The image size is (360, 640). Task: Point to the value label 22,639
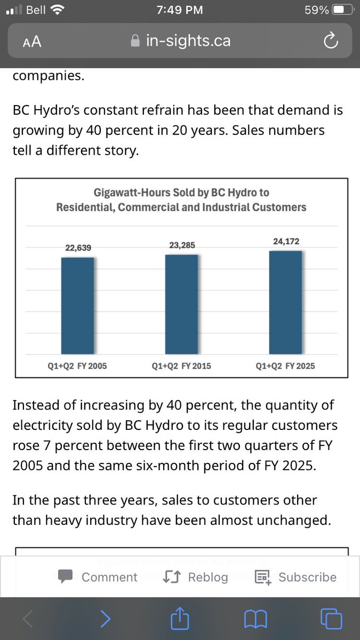(x=78, y=248)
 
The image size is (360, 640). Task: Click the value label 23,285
(x=182, y=245)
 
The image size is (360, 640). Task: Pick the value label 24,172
(x=286, y=242)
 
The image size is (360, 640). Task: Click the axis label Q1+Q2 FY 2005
(x=77, y=366)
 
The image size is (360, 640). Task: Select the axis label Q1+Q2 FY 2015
(x=181, y=366)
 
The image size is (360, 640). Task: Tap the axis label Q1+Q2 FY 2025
(x=285, y=366)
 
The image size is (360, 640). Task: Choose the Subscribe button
(x=296, y=577)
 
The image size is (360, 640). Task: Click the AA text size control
(x=33, y=42)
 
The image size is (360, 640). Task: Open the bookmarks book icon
(x=255, y=619)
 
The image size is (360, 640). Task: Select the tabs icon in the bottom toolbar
(x=331, y=619)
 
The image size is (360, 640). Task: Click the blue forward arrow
(x=106, y=619)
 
